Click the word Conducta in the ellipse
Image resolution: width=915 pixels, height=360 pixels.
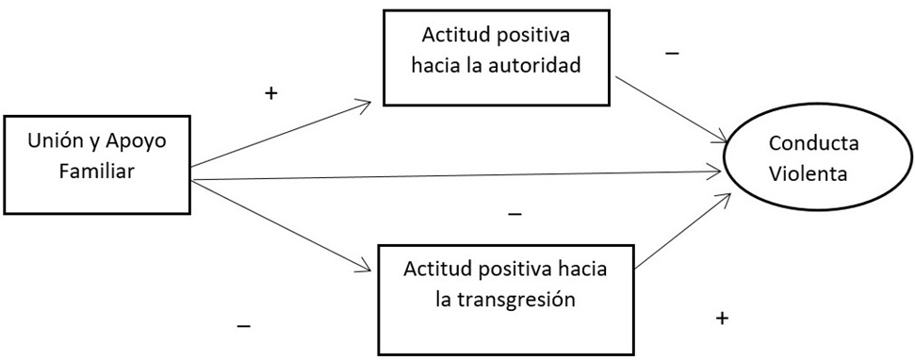pyautogui.click(x=806, y=143)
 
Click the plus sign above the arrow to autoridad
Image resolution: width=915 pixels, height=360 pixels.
pyautogui.click(x=271, y=94)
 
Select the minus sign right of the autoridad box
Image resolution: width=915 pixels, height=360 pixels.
pyautogui.click(x=672, y=54)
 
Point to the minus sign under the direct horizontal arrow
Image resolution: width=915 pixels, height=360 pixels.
pyautogui.click(x=515, y=214)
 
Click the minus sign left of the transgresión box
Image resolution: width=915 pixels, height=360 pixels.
pyautogui.click(x=243, y=326)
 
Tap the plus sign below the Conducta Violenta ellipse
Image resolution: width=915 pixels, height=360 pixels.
pyautogui.click(x=722, y=319)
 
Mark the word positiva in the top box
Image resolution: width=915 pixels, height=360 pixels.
pyautogui.click(x=536, y=37)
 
